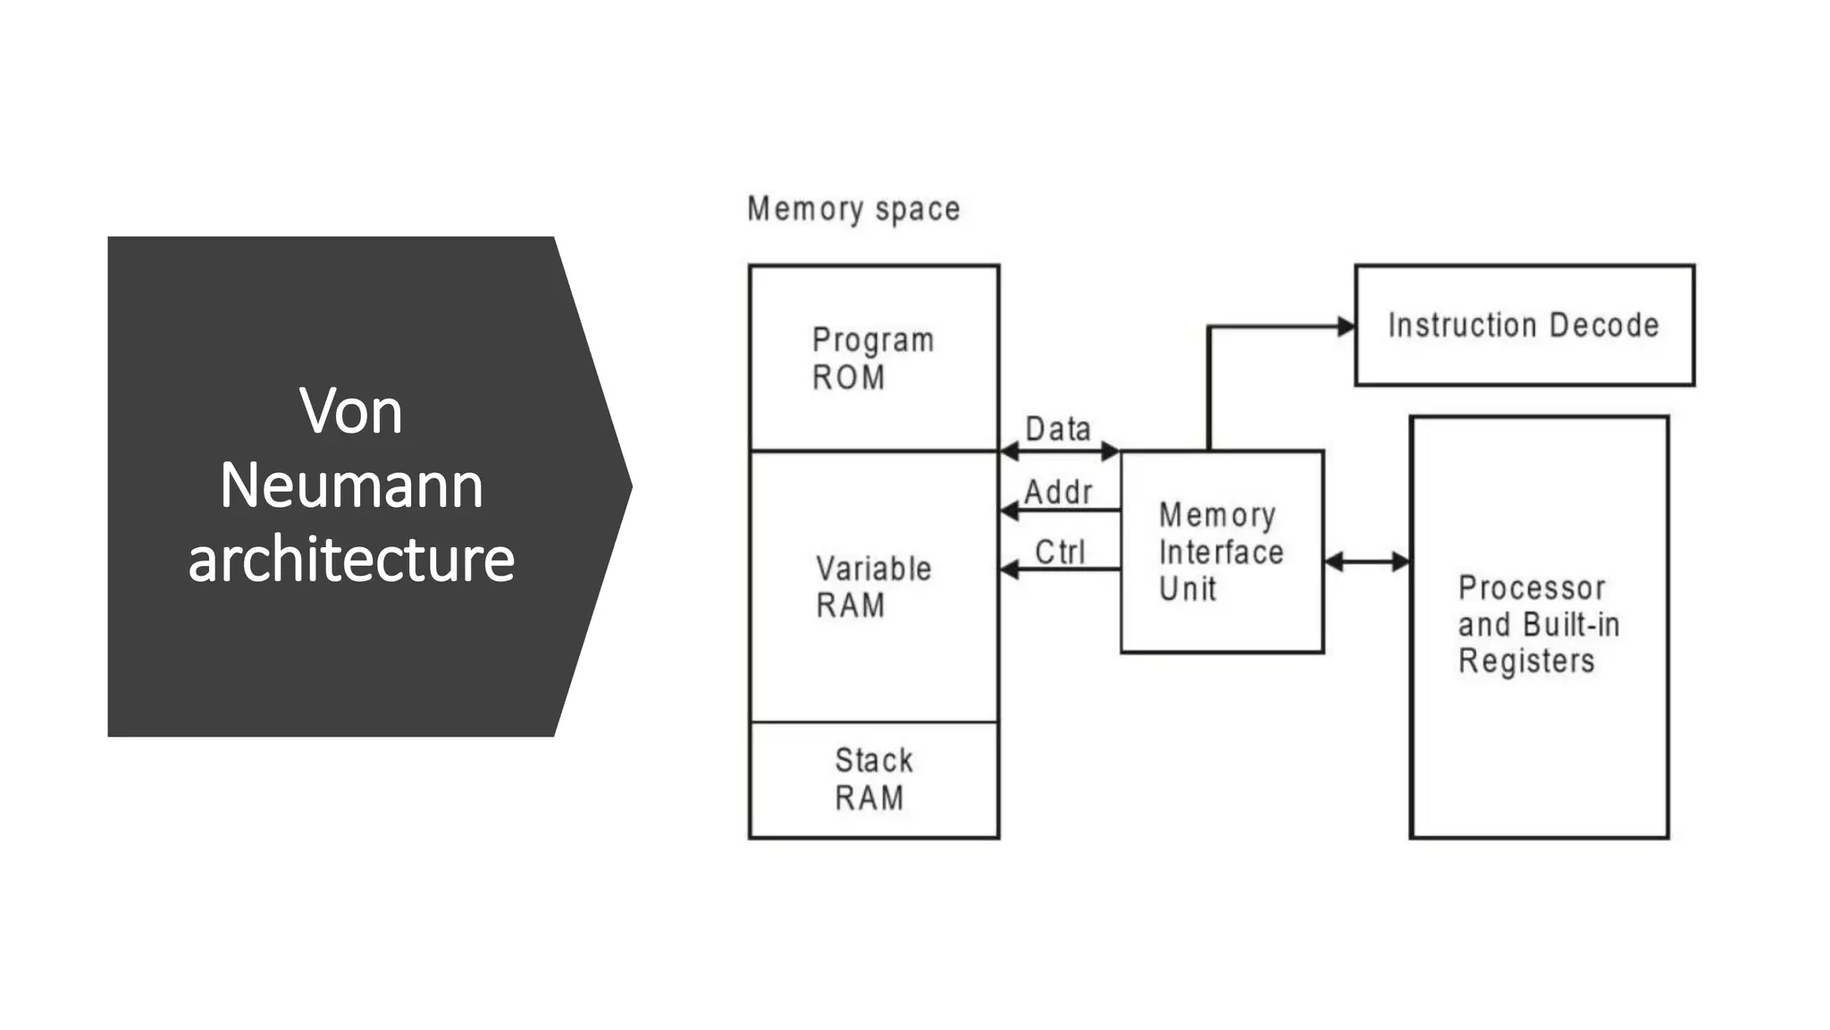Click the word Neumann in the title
tap(351, 485)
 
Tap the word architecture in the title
tap(351, 560)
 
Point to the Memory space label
tap(853, 209)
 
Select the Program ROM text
tap(872, 359)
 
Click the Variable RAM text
tap(872, 587)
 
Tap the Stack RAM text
tap(872, 779)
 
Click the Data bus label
tap(1058, 429)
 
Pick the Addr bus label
tap(1058, 492)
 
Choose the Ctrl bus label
tap(1060, 552)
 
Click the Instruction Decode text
tap(1524, 325)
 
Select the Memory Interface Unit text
tap(1220, 552)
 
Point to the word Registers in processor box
tap(1526, 662)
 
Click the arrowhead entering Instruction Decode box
tap(1346, 326)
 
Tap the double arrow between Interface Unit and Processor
tap(1366, 561)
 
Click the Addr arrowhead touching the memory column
tap(1009, 511)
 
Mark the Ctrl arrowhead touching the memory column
tap(1009, 569)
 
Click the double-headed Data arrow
tap(1060, 452)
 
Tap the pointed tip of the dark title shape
tap(631, 486)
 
